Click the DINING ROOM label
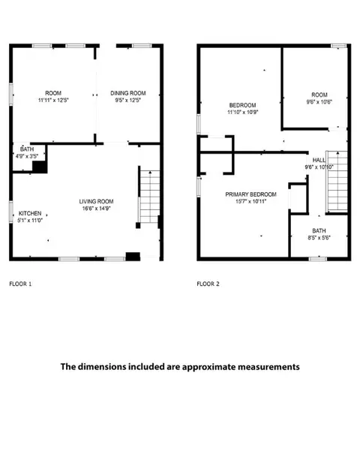click(128, 93)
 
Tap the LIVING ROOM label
click(96, 202)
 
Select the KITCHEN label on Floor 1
click(30, 213)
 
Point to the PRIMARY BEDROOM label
click(250, 194)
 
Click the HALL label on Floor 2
click(319, 160)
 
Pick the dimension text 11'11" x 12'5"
click(53, 100)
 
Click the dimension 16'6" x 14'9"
click(96, 209)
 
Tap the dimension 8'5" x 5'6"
click(319, 238)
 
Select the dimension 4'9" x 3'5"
click(27, 156)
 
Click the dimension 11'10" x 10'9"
click(243, 113)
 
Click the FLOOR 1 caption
click(20, 284)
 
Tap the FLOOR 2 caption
click(208, 284)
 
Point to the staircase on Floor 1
click(150, 197)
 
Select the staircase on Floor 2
click(337, 182)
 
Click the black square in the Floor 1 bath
click(40, 167)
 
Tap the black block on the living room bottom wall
click(133, 257)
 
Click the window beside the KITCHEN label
click(11, 212)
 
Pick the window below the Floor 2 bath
click(317, 259)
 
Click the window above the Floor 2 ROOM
click(339, 46)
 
